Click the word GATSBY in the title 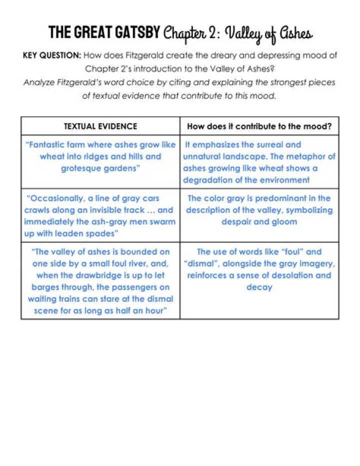pyautogui.click(x=137, y=33)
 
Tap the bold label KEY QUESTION pyautogui.click(x=52, y=56)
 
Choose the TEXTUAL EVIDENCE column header pyautogui.click(x=100, y=127)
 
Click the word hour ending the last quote pyautogui.click(x=154, y=311)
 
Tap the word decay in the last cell pyautogui.click(x=259, y=287)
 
